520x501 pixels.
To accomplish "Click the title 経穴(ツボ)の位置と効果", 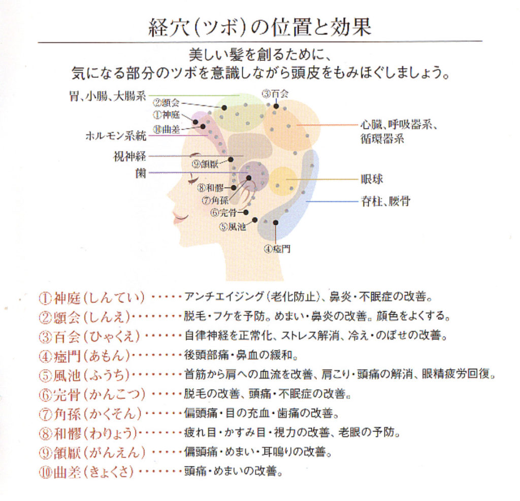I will (x=259, y=26).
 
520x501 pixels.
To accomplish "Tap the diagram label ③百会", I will (x=275, y=93).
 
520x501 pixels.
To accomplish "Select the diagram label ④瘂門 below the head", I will (x=277, y=249).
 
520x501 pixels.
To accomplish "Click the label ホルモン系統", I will (x=115, y=136).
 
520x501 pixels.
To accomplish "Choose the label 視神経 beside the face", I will (x=129, y=156).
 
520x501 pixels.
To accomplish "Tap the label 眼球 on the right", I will (x=372, y=179).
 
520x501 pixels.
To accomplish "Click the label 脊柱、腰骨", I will (x=385, y=202).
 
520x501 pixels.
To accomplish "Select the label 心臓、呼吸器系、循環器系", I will (x=400, y=131).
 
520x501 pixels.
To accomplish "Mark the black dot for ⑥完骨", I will (x=246, y=212).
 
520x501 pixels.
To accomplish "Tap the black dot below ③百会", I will (x=276, y=106).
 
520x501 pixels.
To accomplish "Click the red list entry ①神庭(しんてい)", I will (x=92, y=297).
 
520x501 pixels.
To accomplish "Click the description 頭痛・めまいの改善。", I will (x=233, y=472).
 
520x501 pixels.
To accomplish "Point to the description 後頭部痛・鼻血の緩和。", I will (x=241, y=355).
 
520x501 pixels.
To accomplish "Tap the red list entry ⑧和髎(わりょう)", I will (x=88, y=433).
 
